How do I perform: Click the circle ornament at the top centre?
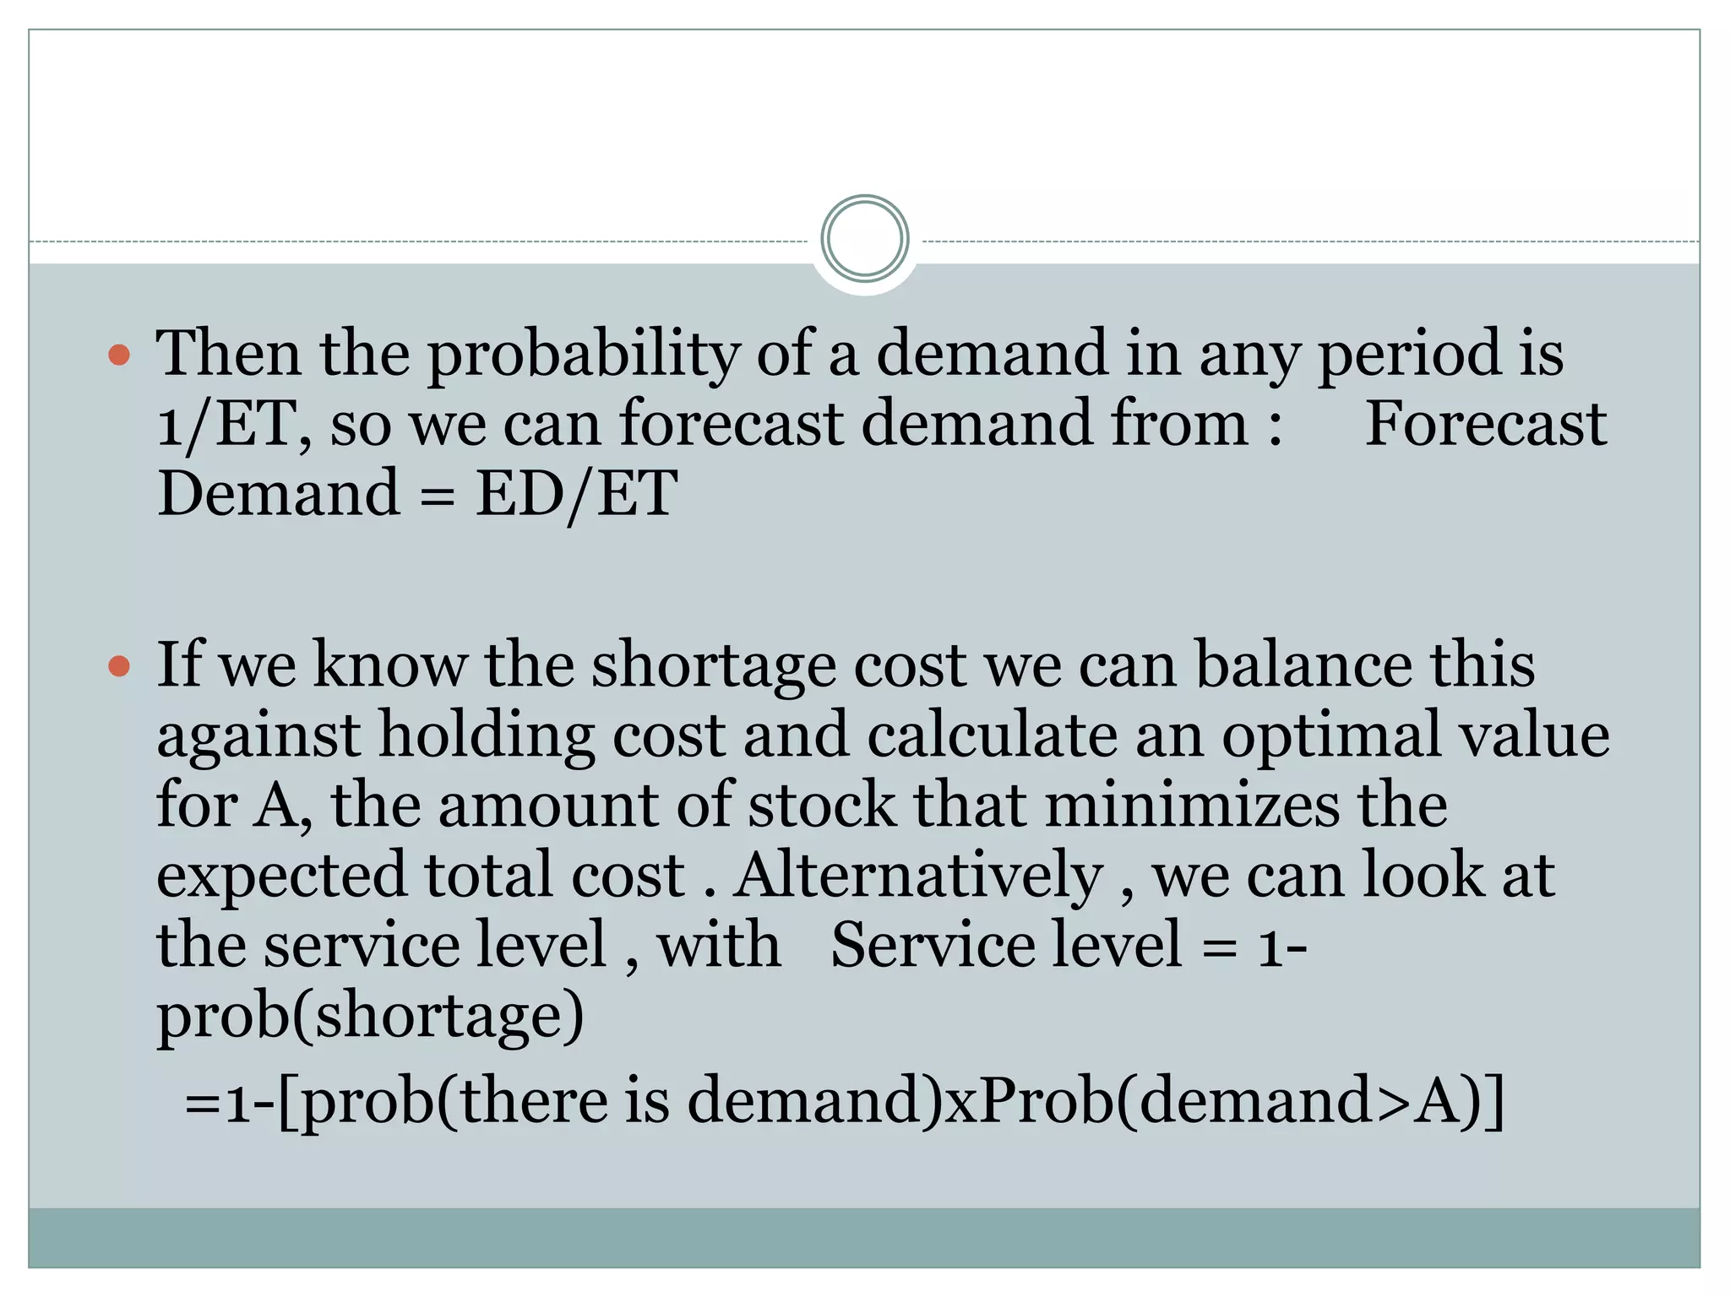864,239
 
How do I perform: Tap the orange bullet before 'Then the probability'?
120,354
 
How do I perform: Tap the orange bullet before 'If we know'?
120,666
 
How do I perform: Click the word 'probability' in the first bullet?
583,354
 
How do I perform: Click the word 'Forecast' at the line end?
1485,424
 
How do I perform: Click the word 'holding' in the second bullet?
487,735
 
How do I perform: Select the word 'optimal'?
1330,735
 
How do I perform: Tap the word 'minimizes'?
1192,806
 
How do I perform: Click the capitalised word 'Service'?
933,946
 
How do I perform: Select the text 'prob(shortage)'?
370,1016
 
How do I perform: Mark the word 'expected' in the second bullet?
280,876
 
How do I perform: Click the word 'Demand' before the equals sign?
279,494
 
